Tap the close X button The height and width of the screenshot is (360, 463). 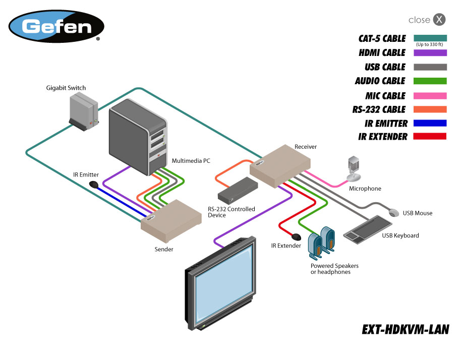(440, 20)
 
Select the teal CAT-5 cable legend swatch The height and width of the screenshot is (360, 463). (430, 38)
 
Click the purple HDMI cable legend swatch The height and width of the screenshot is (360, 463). (430, 52)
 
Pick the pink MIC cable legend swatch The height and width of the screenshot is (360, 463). (430, 96)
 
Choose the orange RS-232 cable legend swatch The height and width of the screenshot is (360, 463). (430, 109)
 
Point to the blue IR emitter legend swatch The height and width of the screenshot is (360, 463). (430, 123)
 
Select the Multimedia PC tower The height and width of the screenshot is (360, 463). (137, 136)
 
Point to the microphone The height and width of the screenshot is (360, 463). (354, 168)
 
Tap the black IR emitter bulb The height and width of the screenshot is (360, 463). (93, 185)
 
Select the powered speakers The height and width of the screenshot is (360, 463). (321, 242)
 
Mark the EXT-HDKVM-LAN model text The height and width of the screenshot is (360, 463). (405, 329)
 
